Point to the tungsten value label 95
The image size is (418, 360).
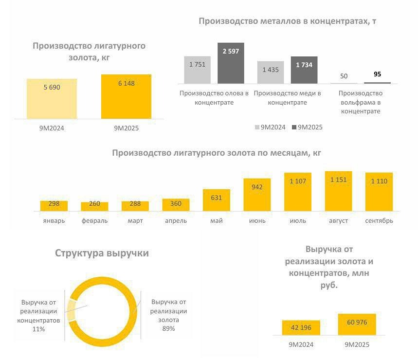377,74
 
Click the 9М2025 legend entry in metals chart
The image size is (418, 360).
307,127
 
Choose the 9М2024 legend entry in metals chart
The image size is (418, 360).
271,127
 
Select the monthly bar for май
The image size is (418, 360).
217,200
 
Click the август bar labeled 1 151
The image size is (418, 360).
338,191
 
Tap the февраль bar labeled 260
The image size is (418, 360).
94,206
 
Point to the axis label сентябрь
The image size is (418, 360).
379,221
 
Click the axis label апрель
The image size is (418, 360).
176,221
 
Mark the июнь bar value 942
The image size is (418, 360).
257,186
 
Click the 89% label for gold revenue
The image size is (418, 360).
168,329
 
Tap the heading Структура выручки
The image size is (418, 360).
102,253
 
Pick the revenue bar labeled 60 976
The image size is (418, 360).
357,324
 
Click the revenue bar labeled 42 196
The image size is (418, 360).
301,328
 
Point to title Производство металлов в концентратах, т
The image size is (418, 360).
288,21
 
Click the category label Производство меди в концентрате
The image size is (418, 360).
288,98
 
